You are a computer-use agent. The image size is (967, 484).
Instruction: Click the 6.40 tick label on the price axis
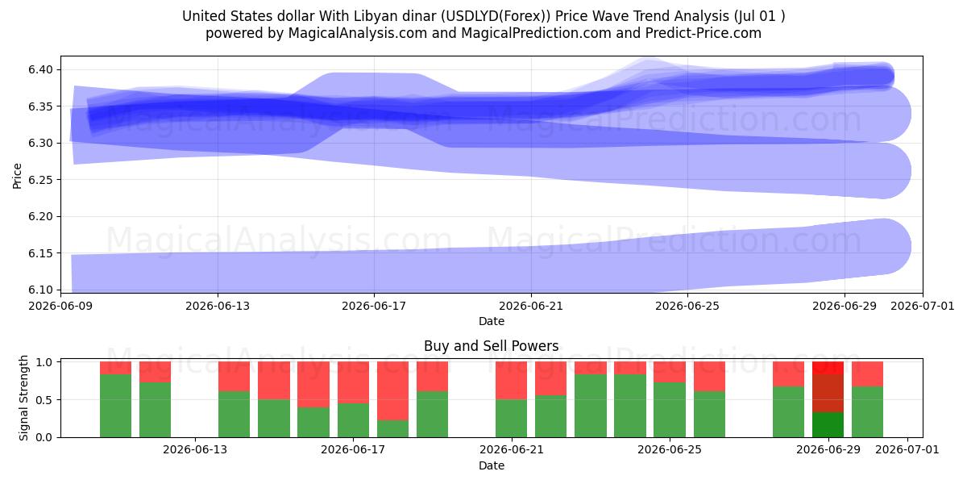tap(40, 69)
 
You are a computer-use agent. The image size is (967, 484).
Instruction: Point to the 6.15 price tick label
tap(40, 253)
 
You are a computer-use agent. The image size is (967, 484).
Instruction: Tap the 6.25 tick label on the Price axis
tap(40, 180)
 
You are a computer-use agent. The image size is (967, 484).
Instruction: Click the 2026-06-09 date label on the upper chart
tap(60, 306)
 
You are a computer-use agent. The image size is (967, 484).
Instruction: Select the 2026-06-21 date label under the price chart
tap(531, 306)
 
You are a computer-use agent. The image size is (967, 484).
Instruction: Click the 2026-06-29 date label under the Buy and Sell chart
tap(828, 449)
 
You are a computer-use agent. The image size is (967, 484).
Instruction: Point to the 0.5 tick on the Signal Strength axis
tap(44, 400)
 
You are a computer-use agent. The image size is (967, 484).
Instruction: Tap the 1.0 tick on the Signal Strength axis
tap(44, 362)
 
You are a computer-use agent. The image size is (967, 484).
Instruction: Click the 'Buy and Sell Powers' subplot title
tap(492, 346)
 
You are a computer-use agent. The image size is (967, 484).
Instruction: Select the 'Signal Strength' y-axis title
tap(23, 398)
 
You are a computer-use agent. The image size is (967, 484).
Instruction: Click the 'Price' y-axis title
tap(17, 176)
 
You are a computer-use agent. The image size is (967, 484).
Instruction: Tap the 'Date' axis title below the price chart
tap(492, 321)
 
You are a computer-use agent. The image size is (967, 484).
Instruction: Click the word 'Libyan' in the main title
tap(373, 16)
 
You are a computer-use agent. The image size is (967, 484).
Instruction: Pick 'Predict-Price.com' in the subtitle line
tap(703, 33)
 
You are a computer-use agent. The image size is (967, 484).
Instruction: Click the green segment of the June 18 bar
tap(393, 428)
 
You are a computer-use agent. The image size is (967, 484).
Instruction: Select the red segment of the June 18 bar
tap(393, 391)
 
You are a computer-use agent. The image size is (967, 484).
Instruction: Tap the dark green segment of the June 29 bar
tap(828, 425)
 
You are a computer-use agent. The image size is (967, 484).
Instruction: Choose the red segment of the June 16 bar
tap(313, 385)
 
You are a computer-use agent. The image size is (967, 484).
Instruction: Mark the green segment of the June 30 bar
tap(867, 412)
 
